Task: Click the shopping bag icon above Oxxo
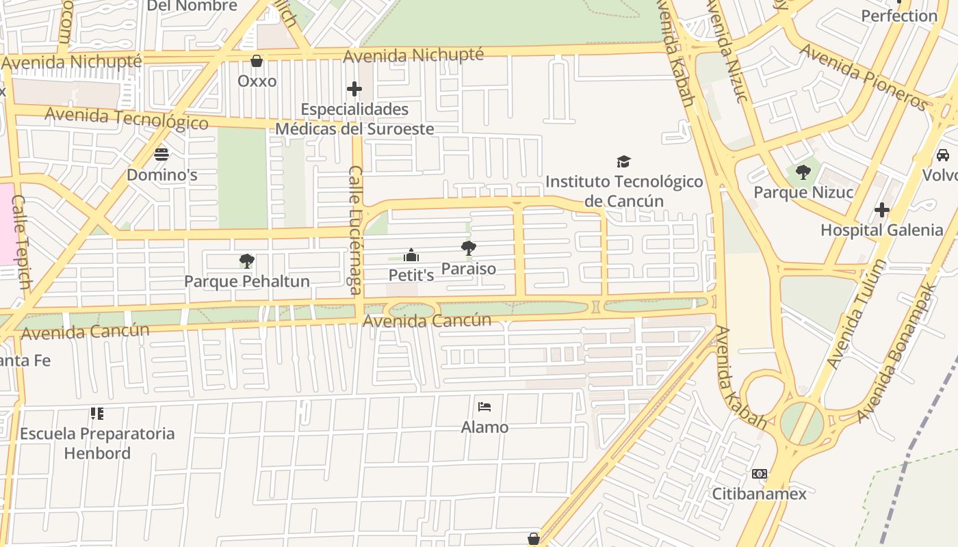click(x=257, y=62)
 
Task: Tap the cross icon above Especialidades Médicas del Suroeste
click(x=354, y=89)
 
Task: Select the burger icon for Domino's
click(x=161, y=155)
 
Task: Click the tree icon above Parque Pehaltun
click(x=247, y=261)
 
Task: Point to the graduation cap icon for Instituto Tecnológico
click(x=623, y=161)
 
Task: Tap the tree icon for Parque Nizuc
click(x=803, y=172)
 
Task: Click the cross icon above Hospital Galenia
click(x=882, y=209)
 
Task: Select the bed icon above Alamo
click(x=484, y=407)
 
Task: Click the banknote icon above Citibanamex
click(x=760, y=473)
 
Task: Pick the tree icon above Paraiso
click(x=469, y=248)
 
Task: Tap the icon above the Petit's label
click(x=411, y=255)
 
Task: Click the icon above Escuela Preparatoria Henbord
click(x=97, y=413)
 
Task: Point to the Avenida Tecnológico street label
click(x=127, y=118)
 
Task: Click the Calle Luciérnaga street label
click(x=355, y=230)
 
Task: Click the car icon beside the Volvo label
click(x=942, y=155)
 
